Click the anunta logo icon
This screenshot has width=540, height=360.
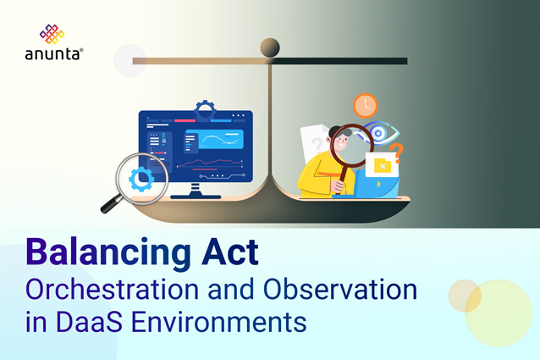(x=52, y=34)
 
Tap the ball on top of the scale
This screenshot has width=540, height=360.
(x=270, y=47)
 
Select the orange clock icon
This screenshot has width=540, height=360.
(x=365, y=106)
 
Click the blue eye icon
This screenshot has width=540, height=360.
(x=379, y=134)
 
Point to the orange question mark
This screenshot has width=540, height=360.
(x=395, y=153)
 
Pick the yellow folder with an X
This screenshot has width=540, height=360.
(x=382, y=166)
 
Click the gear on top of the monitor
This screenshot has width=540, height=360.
(x=204, y=110)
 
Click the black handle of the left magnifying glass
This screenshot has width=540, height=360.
(x=111, y=204)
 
